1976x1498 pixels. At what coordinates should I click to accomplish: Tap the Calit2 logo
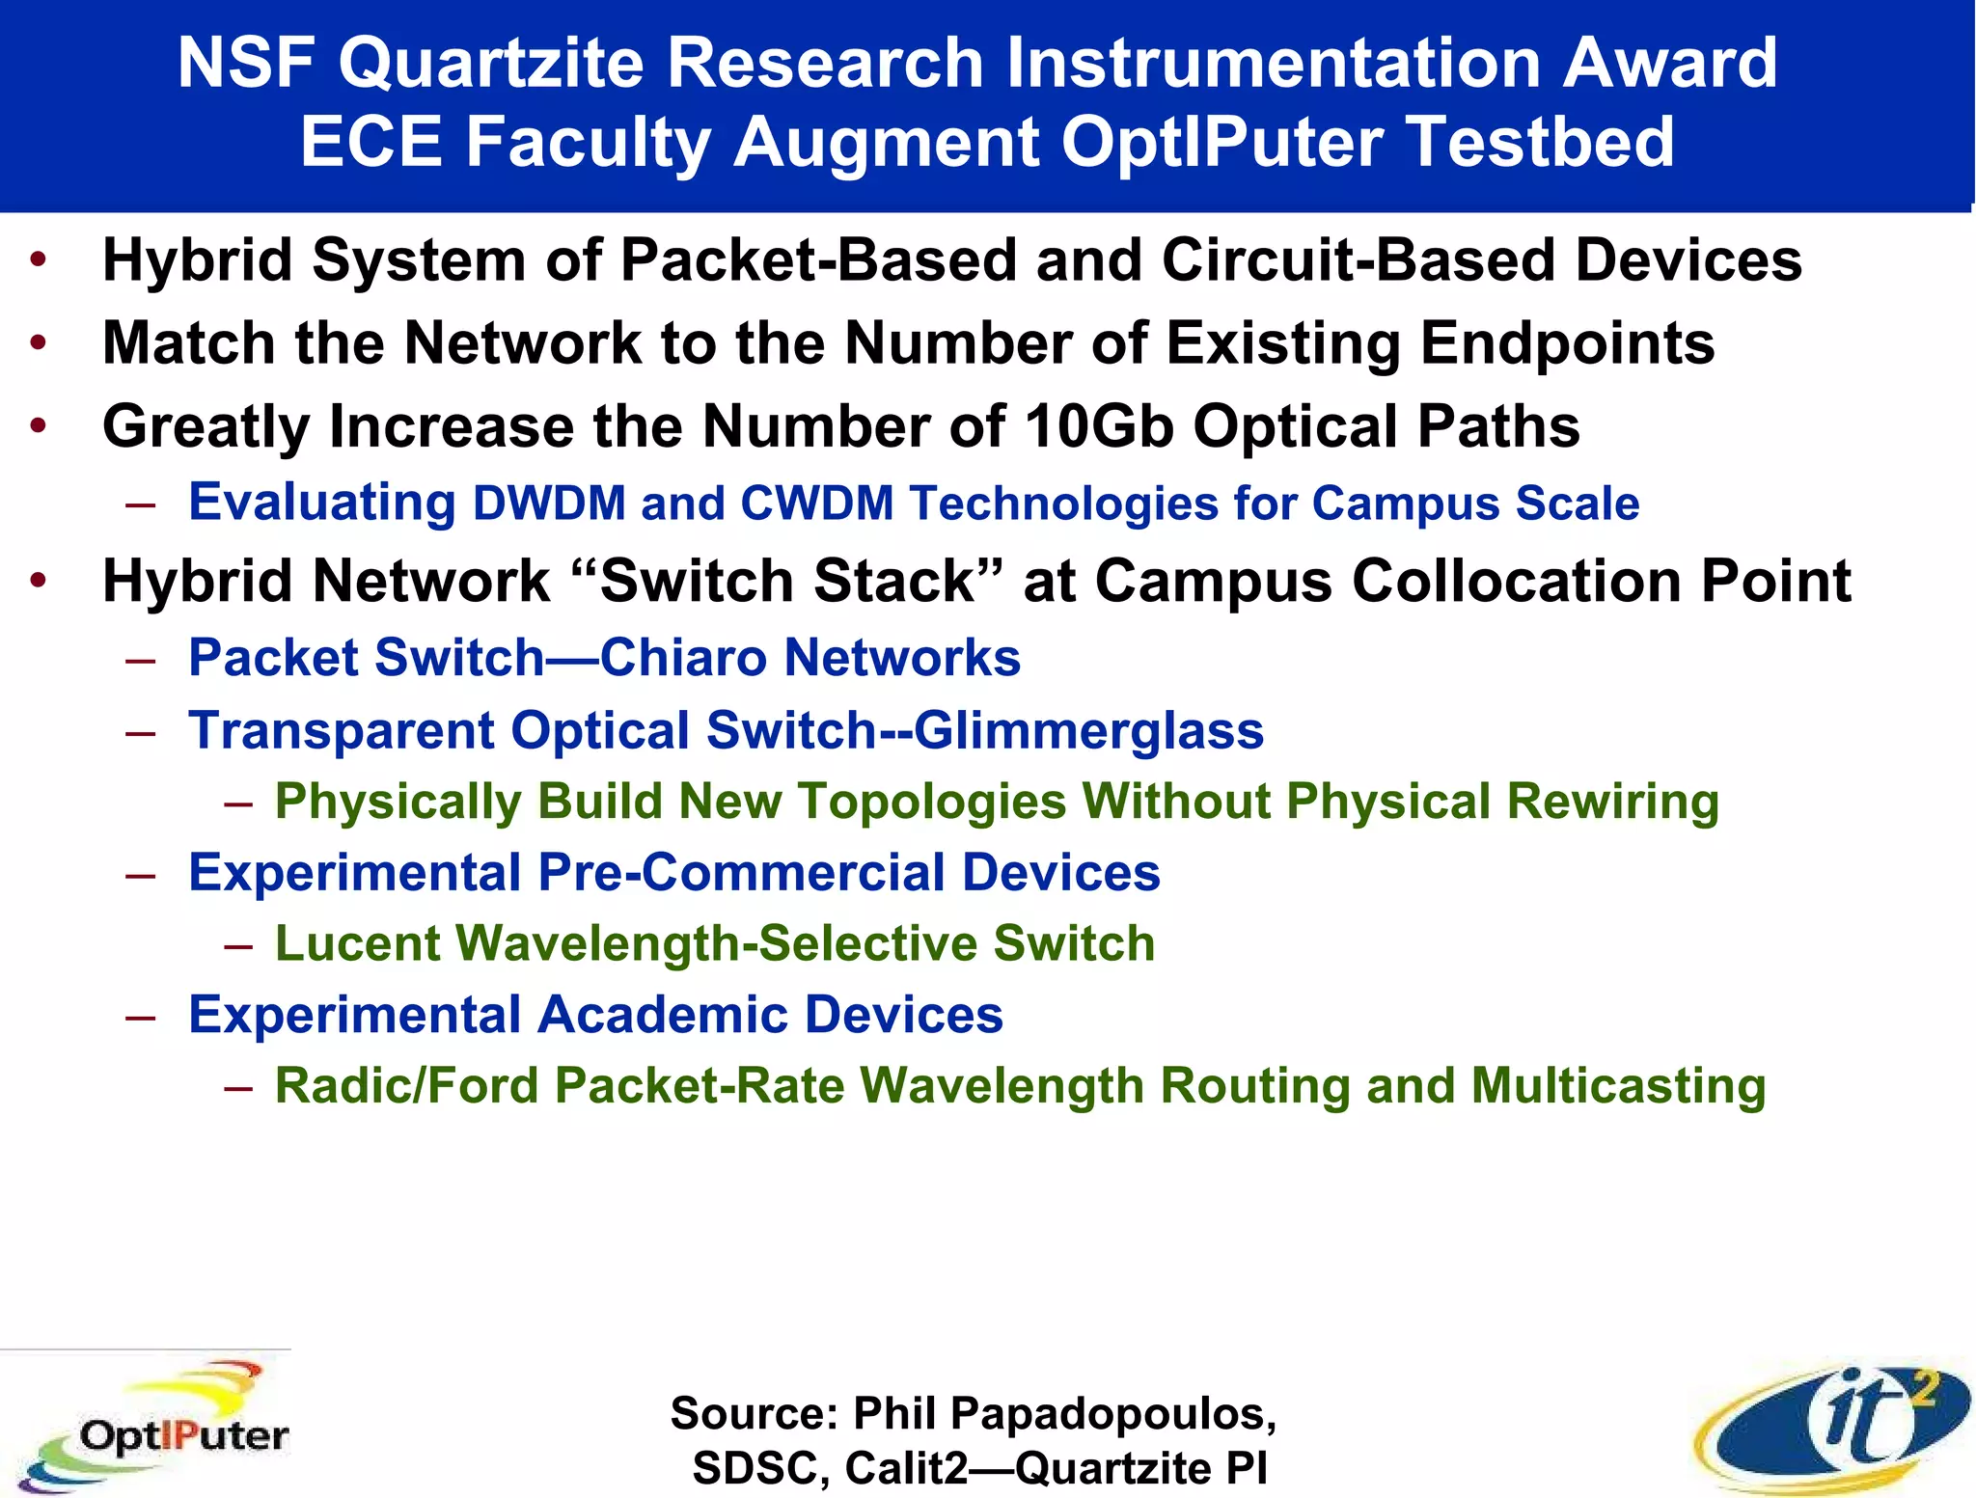1833,1426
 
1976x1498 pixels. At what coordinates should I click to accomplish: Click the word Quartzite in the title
491,63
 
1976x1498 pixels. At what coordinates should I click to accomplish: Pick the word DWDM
549,504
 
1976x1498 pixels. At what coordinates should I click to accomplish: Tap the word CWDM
817,504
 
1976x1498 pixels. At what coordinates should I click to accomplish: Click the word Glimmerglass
1088,730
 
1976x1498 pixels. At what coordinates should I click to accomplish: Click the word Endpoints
1568,343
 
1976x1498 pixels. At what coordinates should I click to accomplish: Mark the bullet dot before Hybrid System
38,259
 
